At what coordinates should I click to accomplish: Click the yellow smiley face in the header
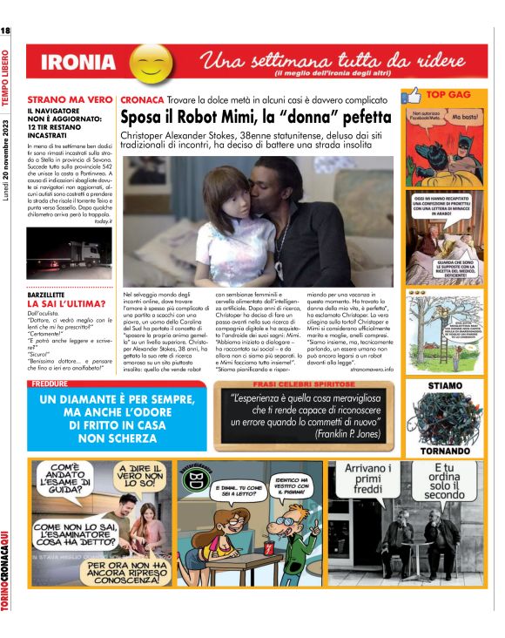tap(151, 63)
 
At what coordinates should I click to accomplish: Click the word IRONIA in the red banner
tap(77, 63)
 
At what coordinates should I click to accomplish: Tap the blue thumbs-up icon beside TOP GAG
tap(414, 95)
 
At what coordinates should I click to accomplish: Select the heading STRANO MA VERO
tap(70, 100)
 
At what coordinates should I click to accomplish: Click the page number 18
tap(6, 32)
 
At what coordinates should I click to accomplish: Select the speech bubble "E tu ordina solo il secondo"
tap(444, 482)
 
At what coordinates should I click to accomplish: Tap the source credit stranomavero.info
tap(372, 370)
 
